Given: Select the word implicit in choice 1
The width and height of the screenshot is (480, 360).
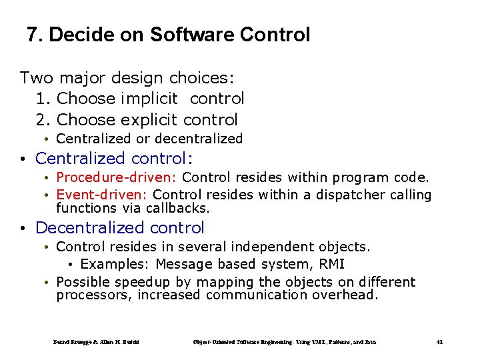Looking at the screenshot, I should [x=149, y=99].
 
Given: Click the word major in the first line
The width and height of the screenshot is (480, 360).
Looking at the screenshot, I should [x=80, y=77].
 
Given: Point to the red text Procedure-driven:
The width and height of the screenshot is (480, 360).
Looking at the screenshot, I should [x=117, y=177].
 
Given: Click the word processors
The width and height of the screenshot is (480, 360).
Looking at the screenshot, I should [x=93, y=295].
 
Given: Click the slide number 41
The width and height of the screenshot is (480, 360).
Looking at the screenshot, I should [x=439, y=342].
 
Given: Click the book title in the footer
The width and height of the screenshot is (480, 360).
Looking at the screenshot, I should [x=285, y=342].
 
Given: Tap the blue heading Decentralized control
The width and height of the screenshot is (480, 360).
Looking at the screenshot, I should [x=119, y=228].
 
